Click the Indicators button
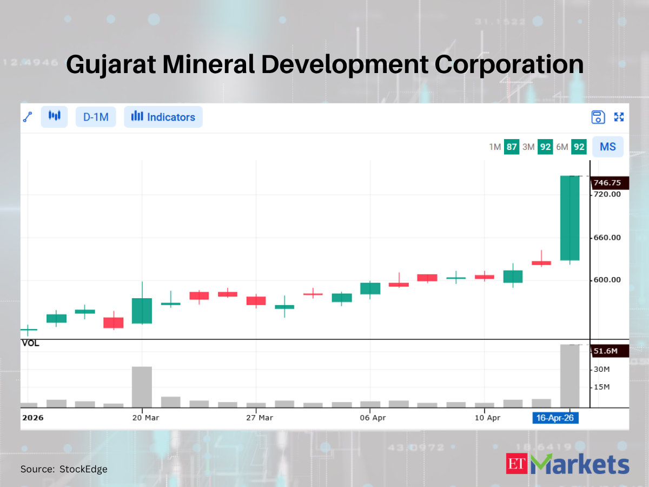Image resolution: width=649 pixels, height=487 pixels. [163, 117]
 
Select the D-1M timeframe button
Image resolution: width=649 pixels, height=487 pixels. [96, 117]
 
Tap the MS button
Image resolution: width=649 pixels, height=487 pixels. [608, 147]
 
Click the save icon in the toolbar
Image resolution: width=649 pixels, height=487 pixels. [598, 117]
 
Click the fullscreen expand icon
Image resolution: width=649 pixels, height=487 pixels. [619, 117]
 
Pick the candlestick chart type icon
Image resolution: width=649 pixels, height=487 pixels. [55, 116]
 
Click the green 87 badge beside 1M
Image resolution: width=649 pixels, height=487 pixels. [512, 147]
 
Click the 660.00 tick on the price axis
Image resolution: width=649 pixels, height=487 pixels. [607, 238]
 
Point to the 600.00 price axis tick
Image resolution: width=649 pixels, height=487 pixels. [607, 280]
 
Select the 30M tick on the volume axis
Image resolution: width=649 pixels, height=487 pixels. [602, 370]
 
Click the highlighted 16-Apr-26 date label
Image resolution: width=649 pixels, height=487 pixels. [555, 418]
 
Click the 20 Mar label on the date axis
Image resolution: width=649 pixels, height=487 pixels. [145, 418]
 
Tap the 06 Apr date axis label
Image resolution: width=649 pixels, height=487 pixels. [373, 418]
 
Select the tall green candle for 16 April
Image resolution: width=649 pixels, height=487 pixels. [569, 218]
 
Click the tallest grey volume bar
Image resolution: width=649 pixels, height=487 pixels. [569, 376]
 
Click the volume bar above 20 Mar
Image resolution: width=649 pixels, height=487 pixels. [142, 387]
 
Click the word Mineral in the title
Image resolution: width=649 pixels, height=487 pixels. [208, 64]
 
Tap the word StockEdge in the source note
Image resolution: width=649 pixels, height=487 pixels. [83, 469]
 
